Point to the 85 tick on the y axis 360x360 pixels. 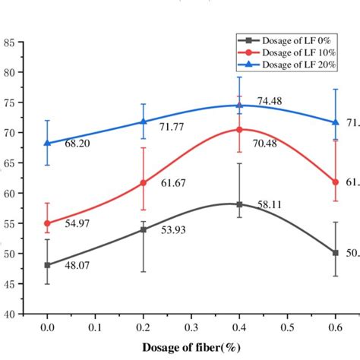pos(10,43)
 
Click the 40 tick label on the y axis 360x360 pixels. pos(10,313)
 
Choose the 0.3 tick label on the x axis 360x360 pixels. pos(191,327)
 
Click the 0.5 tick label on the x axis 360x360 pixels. pos(286,327)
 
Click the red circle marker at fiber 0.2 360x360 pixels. pos(144,183)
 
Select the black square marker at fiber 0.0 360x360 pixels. pos(48,265)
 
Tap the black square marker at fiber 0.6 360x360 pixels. pos(334,252)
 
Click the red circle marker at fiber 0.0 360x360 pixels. pos(48,223)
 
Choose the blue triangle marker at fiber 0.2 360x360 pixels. pos(144,122)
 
